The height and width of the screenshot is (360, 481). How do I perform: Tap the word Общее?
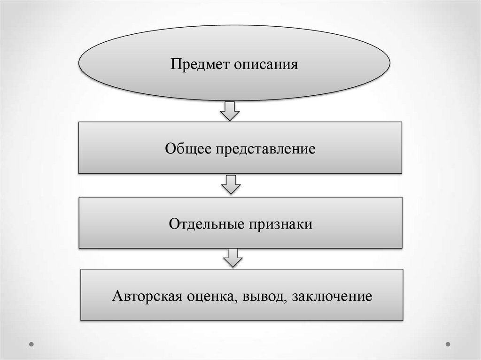188,149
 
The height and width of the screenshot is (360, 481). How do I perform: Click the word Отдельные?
204,223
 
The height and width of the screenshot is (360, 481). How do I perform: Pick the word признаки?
279,224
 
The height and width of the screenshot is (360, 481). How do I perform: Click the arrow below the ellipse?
230,111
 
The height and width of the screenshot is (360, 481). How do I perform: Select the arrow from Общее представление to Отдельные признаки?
231,184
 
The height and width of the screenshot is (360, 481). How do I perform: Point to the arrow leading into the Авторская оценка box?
233,258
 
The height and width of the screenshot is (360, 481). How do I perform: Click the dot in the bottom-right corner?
448,344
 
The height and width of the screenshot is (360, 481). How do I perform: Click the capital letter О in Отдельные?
173,223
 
